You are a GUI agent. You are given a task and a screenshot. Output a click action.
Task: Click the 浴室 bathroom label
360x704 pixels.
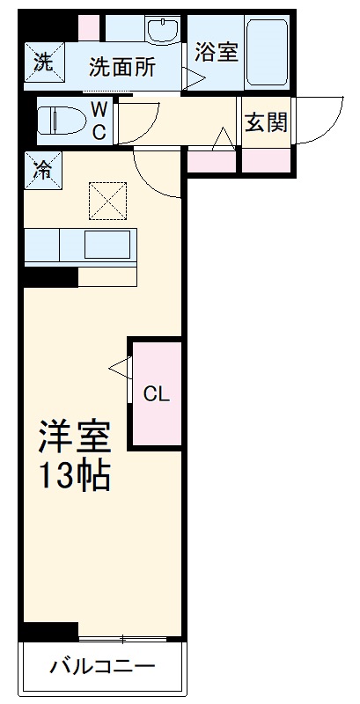tap(217, 52)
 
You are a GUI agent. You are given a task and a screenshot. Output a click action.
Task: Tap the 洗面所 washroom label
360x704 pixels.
tap(123, 67)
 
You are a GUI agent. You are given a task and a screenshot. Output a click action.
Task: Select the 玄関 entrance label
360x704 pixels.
tap(265, 122)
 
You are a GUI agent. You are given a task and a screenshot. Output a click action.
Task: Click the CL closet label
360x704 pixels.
tap(157, 393)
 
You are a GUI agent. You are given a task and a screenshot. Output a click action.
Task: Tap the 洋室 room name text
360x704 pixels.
tap(73, 437)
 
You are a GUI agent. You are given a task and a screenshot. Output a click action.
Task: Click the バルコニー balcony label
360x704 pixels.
tap(102, 666)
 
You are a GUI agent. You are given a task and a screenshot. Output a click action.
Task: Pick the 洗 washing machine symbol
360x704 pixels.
tap(42, 62)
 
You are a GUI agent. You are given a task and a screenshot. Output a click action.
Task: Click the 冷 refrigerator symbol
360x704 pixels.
tap(41, 169)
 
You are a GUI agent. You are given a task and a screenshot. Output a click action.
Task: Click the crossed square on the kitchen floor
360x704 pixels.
tap(107, 201)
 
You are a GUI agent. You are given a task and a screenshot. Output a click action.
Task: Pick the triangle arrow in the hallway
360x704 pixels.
tap(224, 139)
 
